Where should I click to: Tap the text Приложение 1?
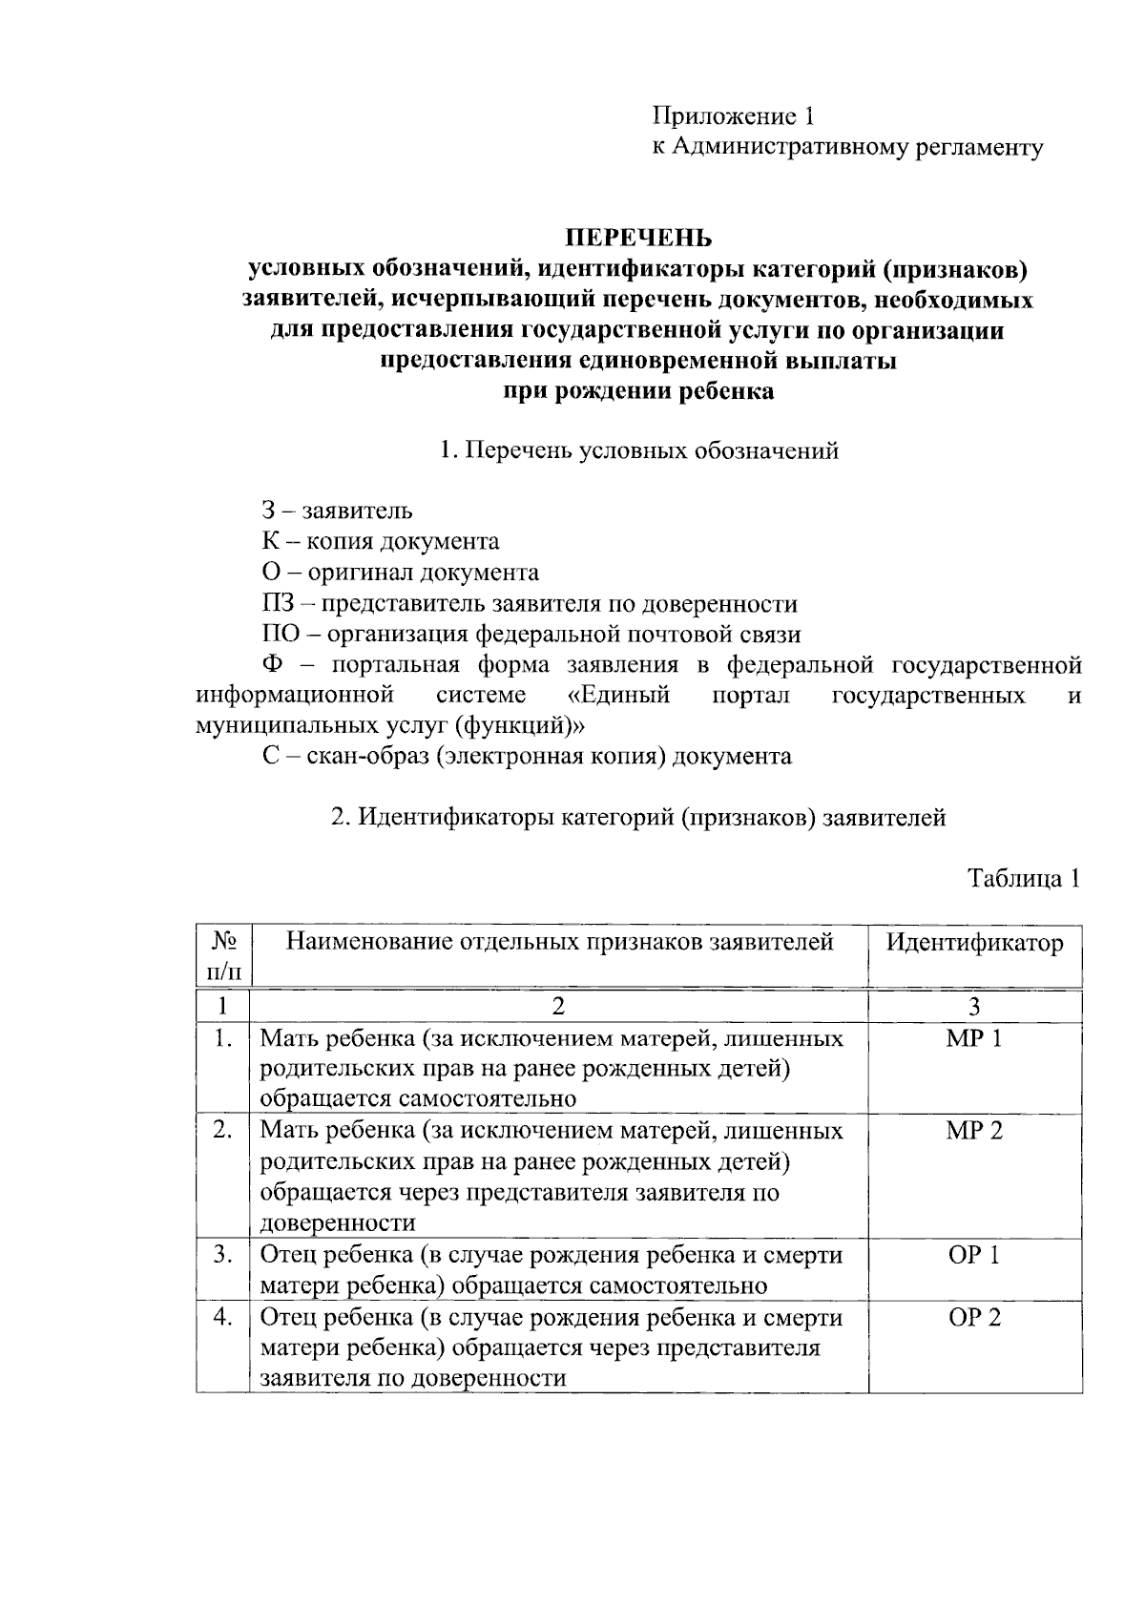click(733, 116)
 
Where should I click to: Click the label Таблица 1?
click(1024, 878)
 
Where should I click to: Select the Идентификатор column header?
click(974, 943)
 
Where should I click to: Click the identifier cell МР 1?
click(973, 1038)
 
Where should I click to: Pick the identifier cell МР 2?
click(973, 1131)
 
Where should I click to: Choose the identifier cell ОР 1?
click(973, 1255)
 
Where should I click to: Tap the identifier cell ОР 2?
click(973, 1318)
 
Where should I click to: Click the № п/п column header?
click(223, 956)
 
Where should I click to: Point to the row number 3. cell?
click(223, 1255)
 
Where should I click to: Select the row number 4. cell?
click(223, 1318)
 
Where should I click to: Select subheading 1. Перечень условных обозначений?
click(638, 450)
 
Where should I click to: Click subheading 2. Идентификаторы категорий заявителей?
click(638, 818)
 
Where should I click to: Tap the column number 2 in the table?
click(558, 1007)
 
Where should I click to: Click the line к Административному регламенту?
click(847, 147)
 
